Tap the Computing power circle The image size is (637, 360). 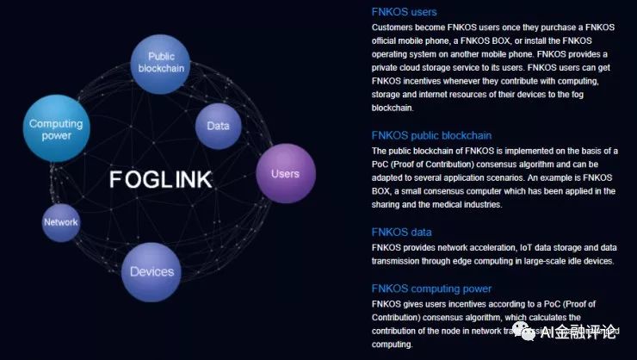(x=56, y=129)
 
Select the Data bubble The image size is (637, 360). (x=218, y=126)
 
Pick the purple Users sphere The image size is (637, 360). (x=285, y=174)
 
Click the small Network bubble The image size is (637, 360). (x=60, y=222)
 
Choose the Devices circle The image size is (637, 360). (x=152, y=272)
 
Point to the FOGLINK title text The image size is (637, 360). (x=160, y=180)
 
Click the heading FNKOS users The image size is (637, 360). (x=404, y=12)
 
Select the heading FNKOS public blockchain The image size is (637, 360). (x=431, y=135)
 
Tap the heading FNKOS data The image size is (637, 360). (x=401, y=232)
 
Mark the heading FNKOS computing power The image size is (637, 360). (x=431, y=289)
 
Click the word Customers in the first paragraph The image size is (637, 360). (x=394, y=27)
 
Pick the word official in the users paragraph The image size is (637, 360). (x=388, y=40)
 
